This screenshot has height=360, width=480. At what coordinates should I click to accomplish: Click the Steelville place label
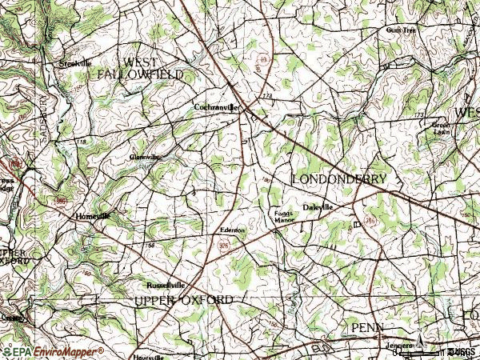point(76,62)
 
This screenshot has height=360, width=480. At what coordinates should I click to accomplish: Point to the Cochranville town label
point(216,106)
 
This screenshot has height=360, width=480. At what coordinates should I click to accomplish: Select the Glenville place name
point(145,157)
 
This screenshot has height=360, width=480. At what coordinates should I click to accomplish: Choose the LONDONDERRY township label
point(338,178)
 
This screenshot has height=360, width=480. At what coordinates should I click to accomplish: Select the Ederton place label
point(232,230)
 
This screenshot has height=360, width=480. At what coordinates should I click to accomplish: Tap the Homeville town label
point(91,217)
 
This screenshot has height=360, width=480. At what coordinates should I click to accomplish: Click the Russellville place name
point(165,285)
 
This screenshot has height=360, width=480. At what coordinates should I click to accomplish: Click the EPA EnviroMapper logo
point(53,351)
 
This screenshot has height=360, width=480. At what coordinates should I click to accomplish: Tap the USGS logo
point(461,351)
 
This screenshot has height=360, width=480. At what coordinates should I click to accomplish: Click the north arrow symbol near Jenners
point(418,331)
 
